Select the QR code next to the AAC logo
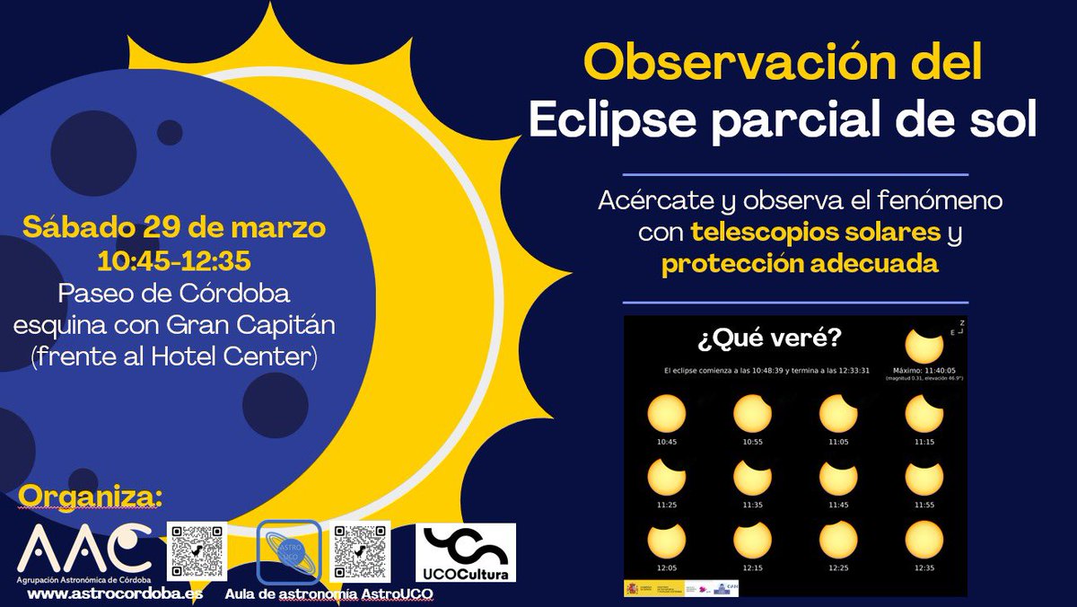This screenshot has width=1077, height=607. coord(197,550)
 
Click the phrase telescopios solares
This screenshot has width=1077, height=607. coord(815,233)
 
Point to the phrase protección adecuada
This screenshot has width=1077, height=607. coord(801,265)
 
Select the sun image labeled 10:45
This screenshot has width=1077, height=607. coord(666,414)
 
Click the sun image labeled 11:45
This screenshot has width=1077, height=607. coord(838,477)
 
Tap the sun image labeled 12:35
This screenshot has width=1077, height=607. coord(924,540)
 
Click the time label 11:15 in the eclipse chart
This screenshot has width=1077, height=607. coord(924,443)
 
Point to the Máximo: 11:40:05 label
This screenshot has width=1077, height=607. coord(924,369)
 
